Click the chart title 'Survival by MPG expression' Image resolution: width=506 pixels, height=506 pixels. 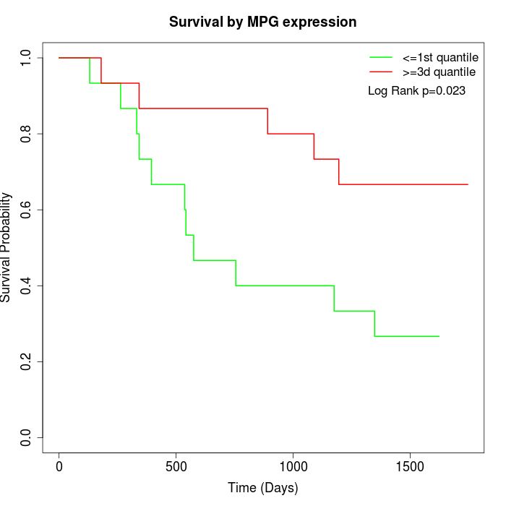(x=262, y=22)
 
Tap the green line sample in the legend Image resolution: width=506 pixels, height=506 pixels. (x=381, y=57)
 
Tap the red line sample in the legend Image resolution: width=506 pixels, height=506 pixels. (x=381, y=72)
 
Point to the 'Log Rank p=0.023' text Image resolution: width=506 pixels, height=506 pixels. (x=416, y=91)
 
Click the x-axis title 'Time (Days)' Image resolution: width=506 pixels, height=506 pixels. (x=262, y=488)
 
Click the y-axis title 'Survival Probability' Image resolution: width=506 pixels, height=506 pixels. (x=7, y=247)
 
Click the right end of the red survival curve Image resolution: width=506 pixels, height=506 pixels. (x=468, y=184)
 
